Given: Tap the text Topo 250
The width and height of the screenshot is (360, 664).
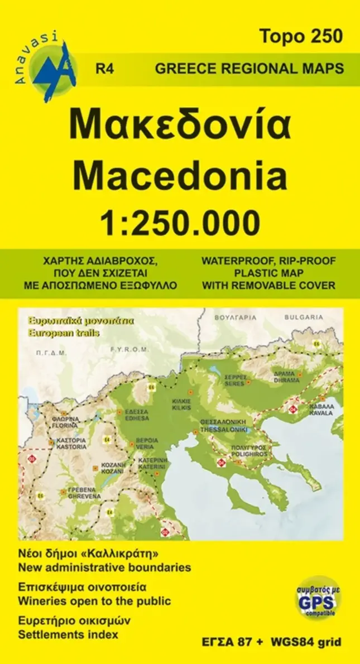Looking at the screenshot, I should point(300,37).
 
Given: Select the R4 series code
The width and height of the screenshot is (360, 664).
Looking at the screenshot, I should point(105,69).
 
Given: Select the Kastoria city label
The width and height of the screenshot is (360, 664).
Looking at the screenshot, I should point(71,447).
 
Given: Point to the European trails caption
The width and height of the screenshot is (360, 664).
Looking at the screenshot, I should point(59,333).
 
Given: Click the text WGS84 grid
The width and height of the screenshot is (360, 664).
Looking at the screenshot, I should point(306,642).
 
